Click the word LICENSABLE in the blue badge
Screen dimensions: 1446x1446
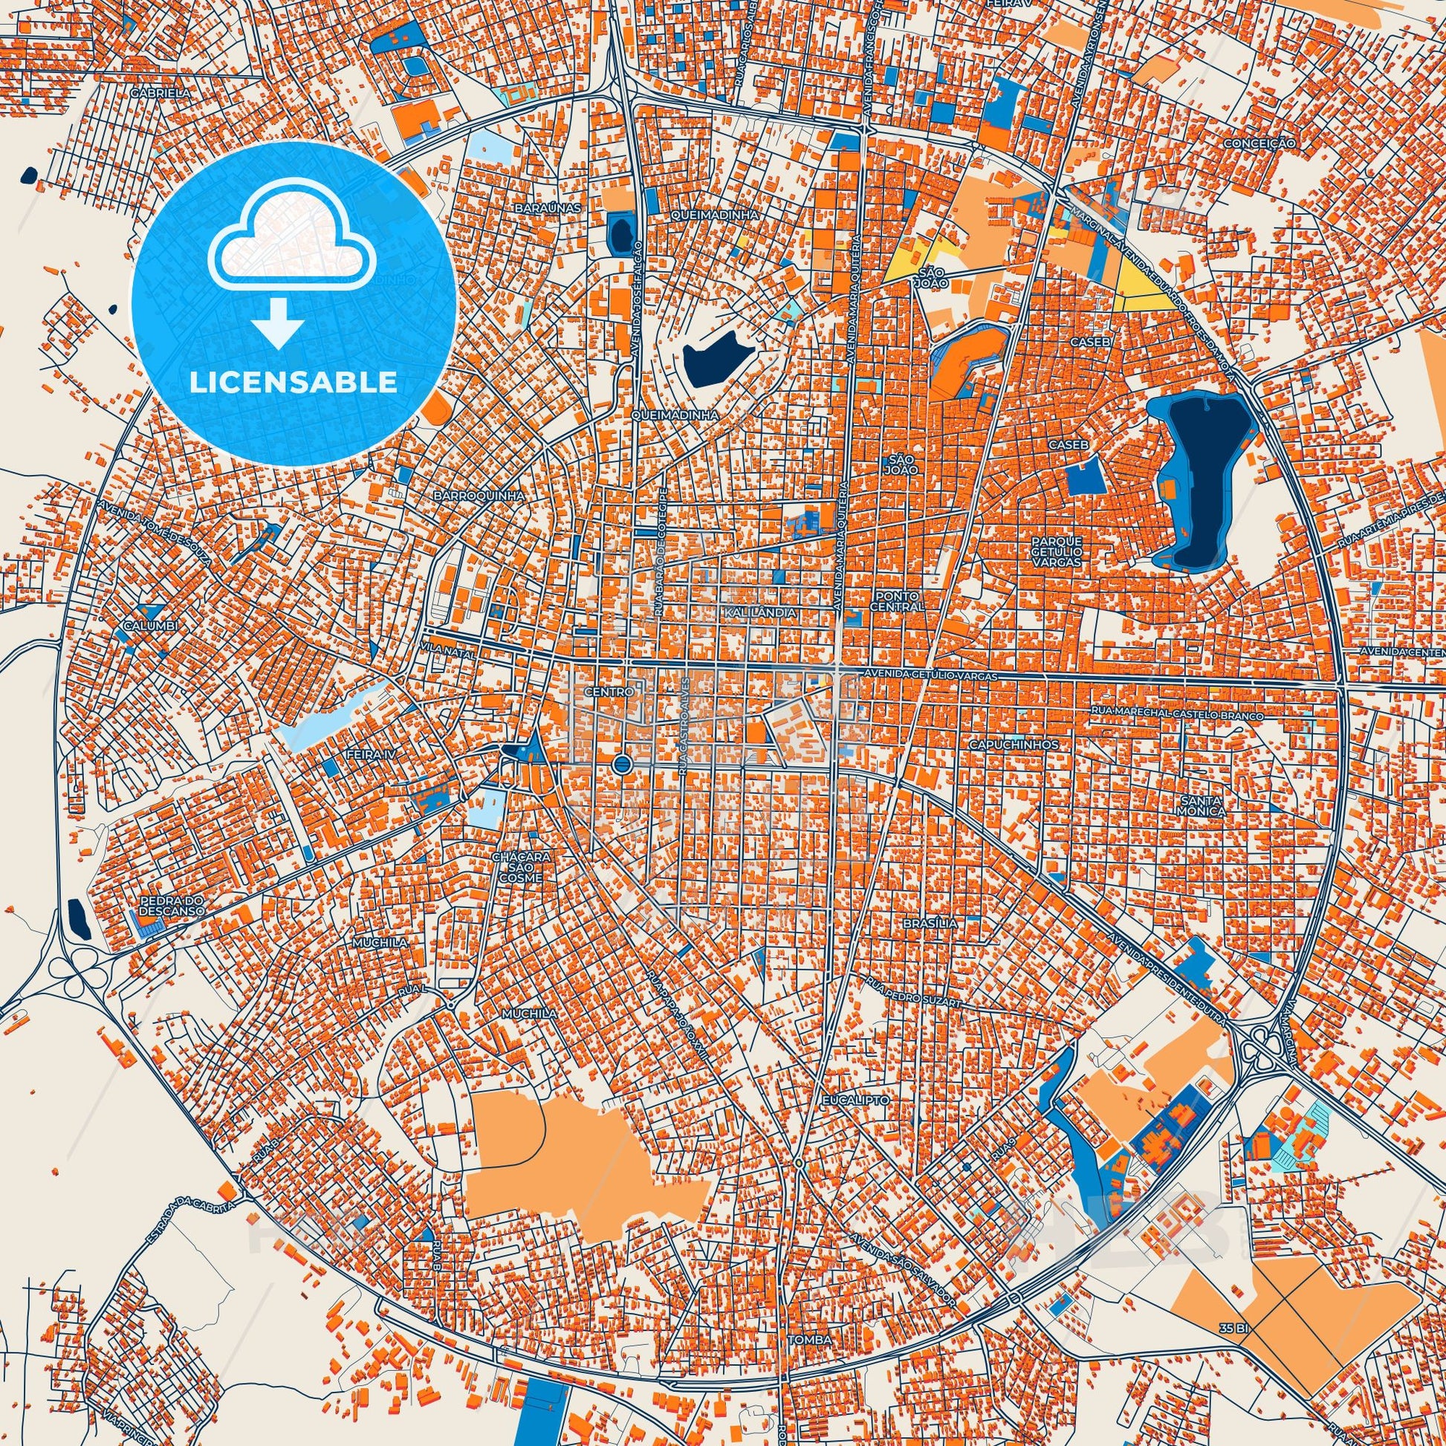point(294,383)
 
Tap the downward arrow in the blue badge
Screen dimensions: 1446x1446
point(278,322)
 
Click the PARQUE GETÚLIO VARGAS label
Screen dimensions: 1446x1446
point(1056,550)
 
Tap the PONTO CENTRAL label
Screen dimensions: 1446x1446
point(898,602)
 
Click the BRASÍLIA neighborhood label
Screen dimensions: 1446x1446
point(930,924)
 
